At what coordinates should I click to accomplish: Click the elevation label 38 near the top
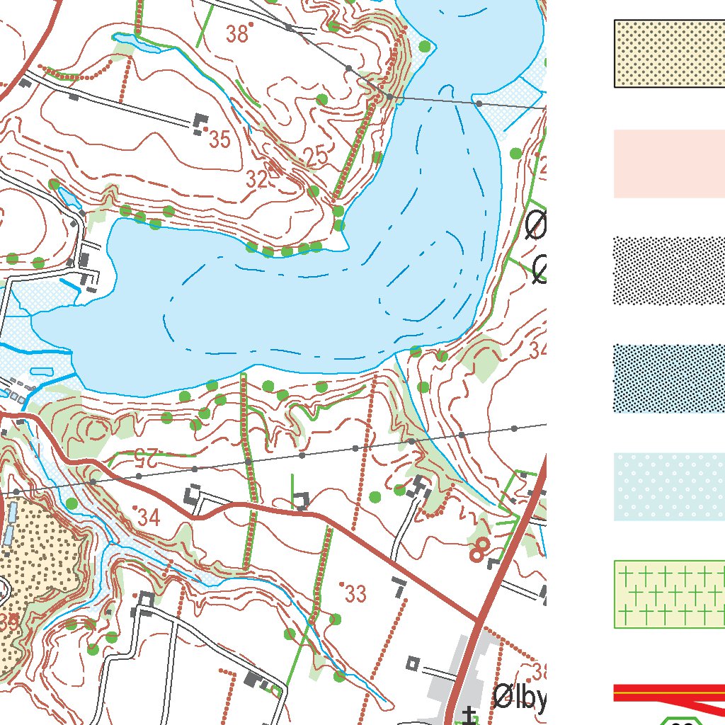click(239, 33)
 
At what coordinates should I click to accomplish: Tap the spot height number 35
click(219, 139)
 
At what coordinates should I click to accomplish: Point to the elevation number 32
click(257, 180)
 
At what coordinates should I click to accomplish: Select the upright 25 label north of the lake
click(315, 156)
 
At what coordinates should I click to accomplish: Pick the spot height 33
click(355, 593)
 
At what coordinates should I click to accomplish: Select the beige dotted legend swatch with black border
click(669, 54)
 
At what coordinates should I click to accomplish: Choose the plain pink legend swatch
click(669, 164)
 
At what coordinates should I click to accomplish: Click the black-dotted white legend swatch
click(669, 271)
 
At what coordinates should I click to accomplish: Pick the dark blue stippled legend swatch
click(669, 379)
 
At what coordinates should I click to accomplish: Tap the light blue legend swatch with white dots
click(669, 487)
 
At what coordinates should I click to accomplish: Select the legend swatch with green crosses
click(669, 595)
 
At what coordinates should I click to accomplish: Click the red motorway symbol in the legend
click(669, 694)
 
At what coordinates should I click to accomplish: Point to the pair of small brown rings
click(479, 548)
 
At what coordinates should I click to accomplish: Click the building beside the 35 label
click(200, 124)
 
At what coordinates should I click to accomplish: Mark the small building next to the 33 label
click(399, 584)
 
